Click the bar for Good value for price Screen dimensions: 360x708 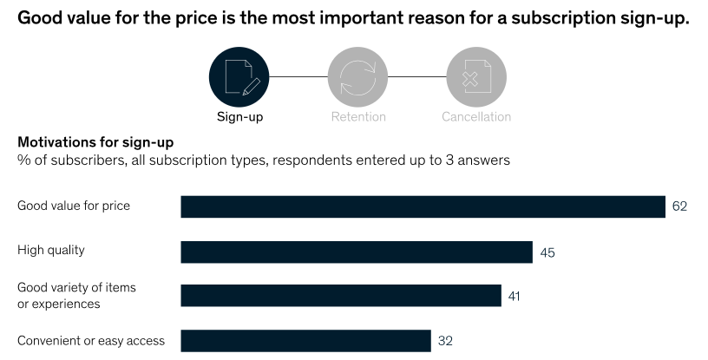coord(423,206)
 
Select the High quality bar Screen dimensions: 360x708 coord(356,252)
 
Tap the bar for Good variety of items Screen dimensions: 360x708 coord(340,296)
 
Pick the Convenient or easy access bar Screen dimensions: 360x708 coord(305,340)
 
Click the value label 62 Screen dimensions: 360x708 coord(679,207)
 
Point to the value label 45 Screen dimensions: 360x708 coord(547,252)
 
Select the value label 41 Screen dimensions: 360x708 coord(515,297)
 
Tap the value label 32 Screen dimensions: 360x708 coord(445,341)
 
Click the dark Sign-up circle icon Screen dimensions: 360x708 coord(239,76)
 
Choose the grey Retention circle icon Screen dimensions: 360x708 coord(357,76)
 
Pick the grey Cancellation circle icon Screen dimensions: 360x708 coord(475,76)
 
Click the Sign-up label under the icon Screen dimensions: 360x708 coord(239,117)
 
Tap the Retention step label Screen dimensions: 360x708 coord(357,117)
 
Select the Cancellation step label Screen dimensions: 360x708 coord(475,117)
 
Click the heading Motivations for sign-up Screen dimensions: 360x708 coord(95,142)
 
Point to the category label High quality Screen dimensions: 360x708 coord(51,251)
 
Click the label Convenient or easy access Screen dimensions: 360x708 coord(91,340)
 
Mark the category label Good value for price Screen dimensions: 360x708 coord(74,206)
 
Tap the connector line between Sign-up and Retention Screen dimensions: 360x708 coord(298,76)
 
